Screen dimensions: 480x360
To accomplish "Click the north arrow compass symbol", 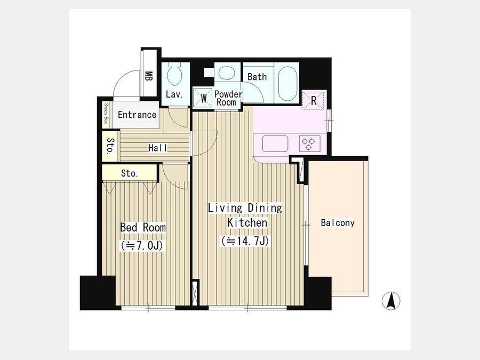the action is [391, 301].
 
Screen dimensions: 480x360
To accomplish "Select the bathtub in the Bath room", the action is [287, 83].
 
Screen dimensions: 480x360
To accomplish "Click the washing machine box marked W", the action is [203, 98].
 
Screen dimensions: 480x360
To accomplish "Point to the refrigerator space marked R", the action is [313, 100].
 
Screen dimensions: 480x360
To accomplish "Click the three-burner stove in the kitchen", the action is [309, 143].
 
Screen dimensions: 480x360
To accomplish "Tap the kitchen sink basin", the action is [275, 143].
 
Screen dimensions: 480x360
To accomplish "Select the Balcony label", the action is [338, 222].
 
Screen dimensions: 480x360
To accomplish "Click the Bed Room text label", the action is [143, 227].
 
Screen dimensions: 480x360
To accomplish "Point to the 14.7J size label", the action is [245, 241].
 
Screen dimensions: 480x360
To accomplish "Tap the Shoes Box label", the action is [106, 114].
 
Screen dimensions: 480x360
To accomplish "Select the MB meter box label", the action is [148, 76].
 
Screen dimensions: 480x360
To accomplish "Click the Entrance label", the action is [137, 115].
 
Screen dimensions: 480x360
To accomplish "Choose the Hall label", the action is [158, 148].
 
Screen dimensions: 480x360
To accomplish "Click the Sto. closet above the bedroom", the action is [130, 173].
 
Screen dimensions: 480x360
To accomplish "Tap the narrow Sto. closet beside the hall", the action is [110, 146].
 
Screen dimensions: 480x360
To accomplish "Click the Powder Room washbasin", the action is [227, 74].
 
